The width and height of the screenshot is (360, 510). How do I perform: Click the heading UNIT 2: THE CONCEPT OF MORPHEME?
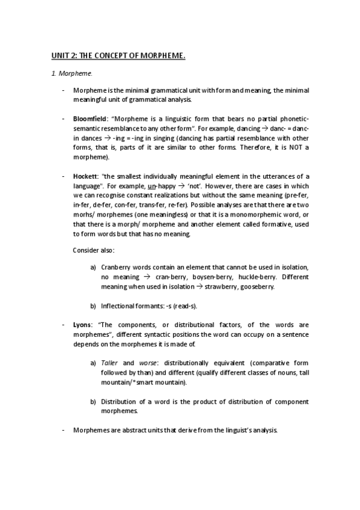pyautogui.click(x=118, y=56)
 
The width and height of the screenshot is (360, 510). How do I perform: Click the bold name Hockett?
pyautogui.click(x=85, y=176)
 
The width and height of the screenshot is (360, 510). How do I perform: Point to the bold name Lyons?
pyautogui.click(x=83, y=324)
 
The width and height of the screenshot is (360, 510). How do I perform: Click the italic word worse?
pyautogui.click(x=147, y=363)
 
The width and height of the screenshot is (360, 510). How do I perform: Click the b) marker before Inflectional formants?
pyautogui.click(x=93, y=306)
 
